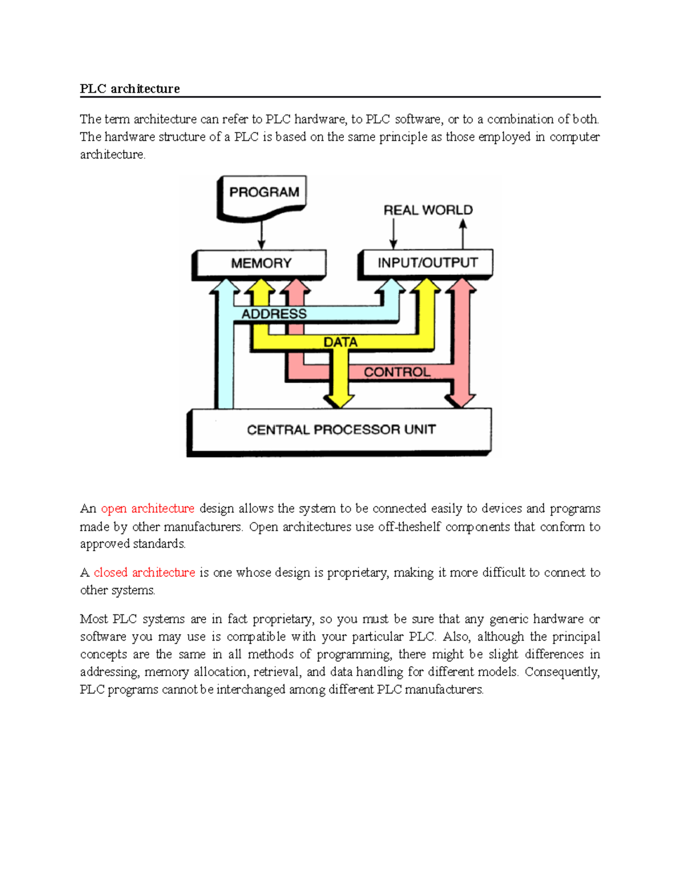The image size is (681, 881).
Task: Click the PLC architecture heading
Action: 129,88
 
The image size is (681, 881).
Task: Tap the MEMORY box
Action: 261,263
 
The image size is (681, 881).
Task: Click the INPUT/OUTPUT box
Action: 427,263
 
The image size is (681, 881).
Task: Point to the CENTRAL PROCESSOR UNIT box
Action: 340,430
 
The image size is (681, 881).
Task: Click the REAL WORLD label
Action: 428,210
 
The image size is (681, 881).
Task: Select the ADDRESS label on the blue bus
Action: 274,314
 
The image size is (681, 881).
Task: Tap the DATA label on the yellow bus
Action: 340,343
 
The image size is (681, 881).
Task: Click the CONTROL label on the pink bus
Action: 397,372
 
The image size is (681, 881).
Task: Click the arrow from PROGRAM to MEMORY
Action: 262,234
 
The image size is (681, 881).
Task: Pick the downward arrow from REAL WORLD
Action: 393,234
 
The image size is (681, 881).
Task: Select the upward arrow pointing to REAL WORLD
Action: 463,234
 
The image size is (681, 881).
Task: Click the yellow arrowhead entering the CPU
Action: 340,399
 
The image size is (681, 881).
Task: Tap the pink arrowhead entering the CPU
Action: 460,399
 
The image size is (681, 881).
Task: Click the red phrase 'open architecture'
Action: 148,508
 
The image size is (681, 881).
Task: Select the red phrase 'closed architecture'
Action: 144,572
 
